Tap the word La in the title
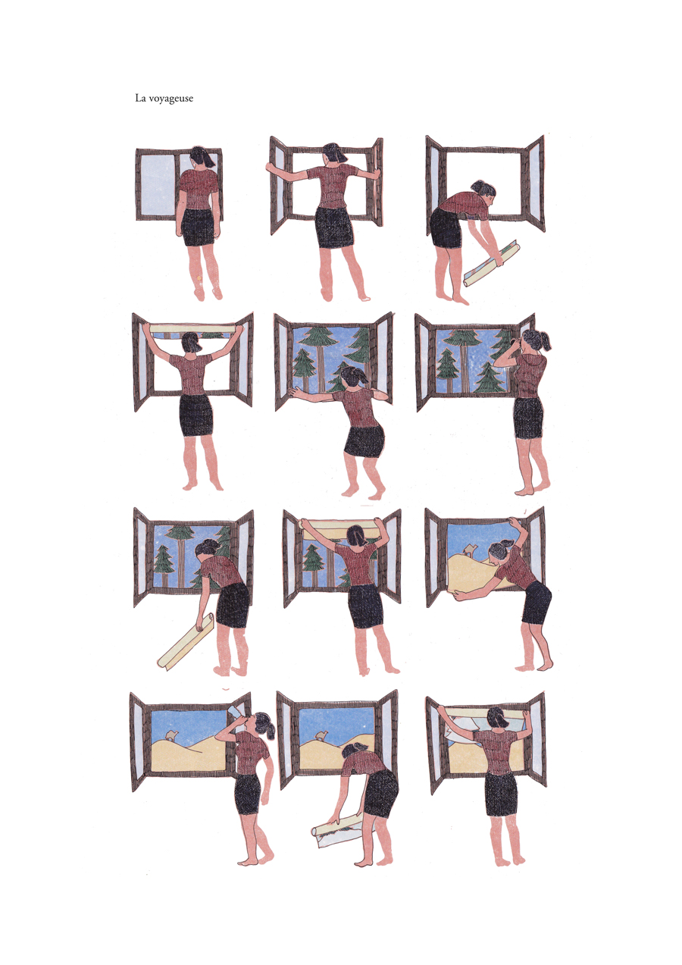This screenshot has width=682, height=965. [x=140, y=98]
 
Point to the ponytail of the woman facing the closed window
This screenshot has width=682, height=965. [x=210, y=159]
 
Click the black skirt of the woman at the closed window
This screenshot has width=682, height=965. [x=198, y=227]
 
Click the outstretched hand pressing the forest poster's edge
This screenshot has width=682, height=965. [x=294, y=390]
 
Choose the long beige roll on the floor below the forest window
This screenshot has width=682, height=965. [x=186, y=642]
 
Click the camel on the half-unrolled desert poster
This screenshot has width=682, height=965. [x=468, y=549]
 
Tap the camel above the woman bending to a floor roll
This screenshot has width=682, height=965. [x=322, y=736]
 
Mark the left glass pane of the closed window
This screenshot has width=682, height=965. [x=158, y=183]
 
